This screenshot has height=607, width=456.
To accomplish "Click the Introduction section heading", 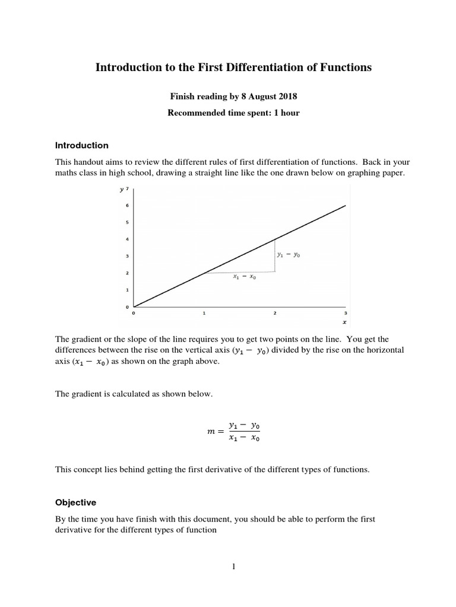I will coord(82,145).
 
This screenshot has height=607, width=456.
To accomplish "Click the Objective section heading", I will coord(75,502).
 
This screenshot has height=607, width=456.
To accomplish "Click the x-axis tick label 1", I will coord(204,312).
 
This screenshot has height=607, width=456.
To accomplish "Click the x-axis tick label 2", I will coord(274,312).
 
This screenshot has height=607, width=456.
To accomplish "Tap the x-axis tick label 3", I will coord(345,312).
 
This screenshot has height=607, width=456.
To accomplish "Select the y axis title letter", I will coord(122,190).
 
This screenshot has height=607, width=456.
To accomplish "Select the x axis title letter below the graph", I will coord(345,323).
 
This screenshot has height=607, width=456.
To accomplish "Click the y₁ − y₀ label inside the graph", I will coord(289,254).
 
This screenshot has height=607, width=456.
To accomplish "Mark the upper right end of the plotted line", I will coord(345,206).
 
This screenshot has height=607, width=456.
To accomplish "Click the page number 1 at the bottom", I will coord(234,567).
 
